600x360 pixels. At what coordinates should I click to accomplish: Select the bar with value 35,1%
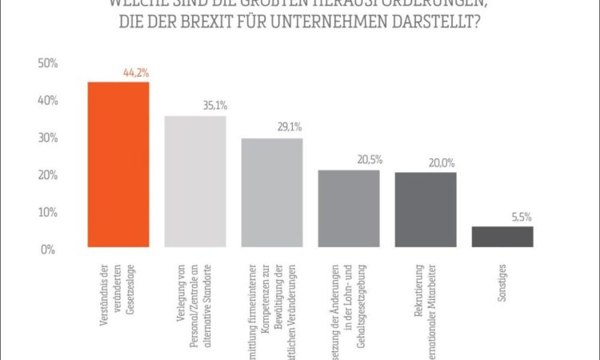click(194, 182)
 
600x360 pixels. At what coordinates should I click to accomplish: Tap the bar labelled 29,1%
click(271, 193)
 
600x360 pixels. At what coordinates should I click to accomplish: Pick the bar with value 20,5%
click(348, 209)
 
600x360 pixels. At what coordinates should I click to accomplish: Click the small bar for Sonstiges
click(502, 237)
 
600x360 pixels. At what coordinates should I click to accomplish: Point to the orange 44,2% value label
click(135, 73)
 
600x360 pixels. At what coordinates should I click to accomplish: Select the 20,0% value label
click(442, 162)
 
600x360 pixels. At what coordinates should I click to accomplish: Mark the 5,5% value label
click(521, 216)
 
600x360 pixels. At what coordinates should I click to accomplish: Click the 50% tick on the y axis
click(46, 63)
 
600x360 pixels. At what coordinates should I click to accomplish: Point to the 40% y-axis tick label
click(46, 101)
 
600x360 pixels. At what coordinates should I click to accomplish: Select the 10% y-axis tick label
click(46, 213)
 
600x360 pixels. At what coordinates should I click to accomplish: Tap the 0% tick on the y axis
click(49, 250)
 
